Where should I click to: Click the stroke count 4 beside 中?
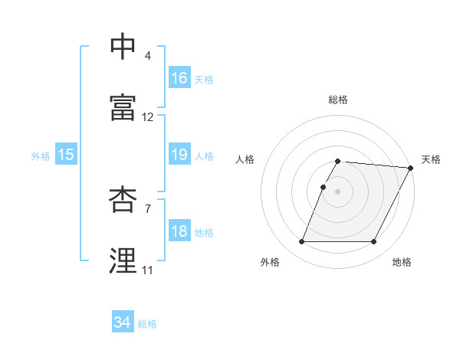(x=147, y=56)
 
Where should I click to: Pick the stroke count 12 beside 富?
(x=148, y=117)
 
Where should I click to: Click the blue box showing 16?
(x=179, y=78)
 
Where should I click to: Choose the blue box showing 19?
(x=179, y=155)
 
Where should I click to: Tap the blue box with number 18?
(x=179, y=232)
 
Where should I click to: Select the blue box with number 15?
(x=66, y=155)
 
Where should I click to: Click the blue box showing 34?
(x=122, y=323)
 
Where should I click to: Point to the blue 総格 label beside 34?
(x=147, y=324)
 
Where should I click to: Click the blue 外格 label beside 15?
(x=41, y=156)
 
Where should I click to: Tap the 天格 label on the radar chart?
(x=431, y=159)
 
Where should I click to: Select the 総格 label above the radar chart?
(x=338, y=100)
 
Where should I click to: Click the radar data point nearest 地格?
(x=374, y=242)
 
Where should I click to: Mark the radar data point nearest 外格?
(x=301, y=242)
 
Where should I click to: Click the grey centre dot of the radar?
(x=338, y=191)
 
